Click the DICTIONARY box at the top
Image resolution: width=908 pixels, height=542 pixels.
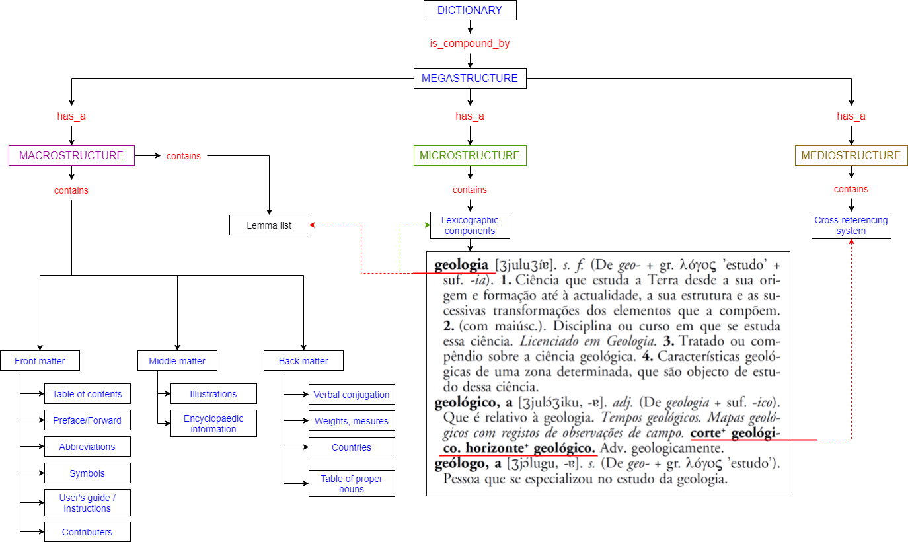click(469, 10)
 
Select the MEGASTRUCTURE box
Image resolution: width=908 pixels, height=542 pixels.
click(469, 78)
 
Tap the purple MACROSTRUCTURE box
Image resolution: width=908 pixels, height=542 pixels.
click(71, 156)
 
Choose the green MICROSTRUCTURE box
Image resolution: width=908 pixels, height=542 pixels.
click(469, 156)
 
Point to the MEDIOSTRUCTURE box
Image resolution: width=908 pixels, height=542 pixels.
click(851, 156)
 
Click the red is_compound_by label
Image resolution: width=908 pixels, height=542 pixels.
click(469, 44)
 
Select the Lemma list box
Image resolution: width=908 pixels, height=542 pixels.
click(269, 225)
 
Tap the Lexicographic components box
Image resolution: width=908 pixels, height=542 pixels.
click(469, 225)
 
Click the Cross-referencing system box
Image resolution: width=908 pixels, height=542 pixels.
click(851, 225)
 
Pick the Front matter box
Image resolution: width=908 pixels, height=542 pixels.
click(40, 361)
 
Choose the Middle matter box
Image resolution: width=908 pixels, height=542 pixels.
click(177, 361)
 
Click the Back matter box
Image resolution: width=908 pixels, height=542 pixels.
click(303, 361)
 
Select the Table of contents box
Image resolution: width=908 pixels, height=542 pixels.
click(87, 394)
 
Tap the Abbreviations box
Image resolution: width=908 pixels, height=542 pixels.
click(87, 447)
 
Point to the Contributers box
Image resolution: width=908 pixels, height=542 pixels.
click(87, 532)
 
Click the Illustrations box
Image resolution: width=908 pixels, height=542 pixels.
click(213, 394)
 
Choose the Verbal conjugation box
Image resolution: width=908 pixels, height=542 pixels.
click(352, 395)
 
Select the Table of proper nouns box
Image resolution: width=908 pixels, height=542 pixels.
click(352, 484)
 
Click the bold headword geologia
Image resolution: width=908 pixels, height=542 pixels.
click(461, 265)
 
